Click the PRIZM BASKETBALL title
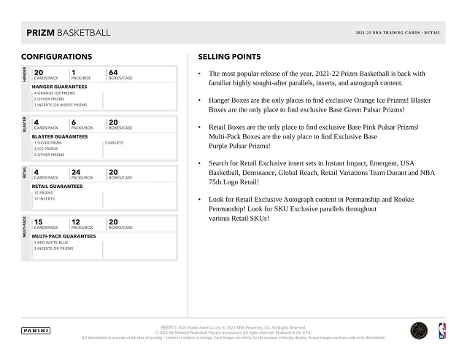[68, 33]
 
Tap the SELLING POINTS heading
[229, 57]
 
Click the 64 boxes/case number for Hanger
[113, 72]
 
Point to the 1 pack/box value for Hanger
[74, 72]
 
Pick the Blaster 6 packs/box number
[74, 122]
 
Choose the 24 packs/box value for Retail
[77, 173]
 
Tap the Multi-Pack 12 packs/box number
[76, 222]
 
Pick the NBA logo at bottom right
[441, 330]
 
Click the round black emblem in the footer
[418, 330]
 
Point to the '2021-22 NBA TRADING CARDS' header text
[382, 34]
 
